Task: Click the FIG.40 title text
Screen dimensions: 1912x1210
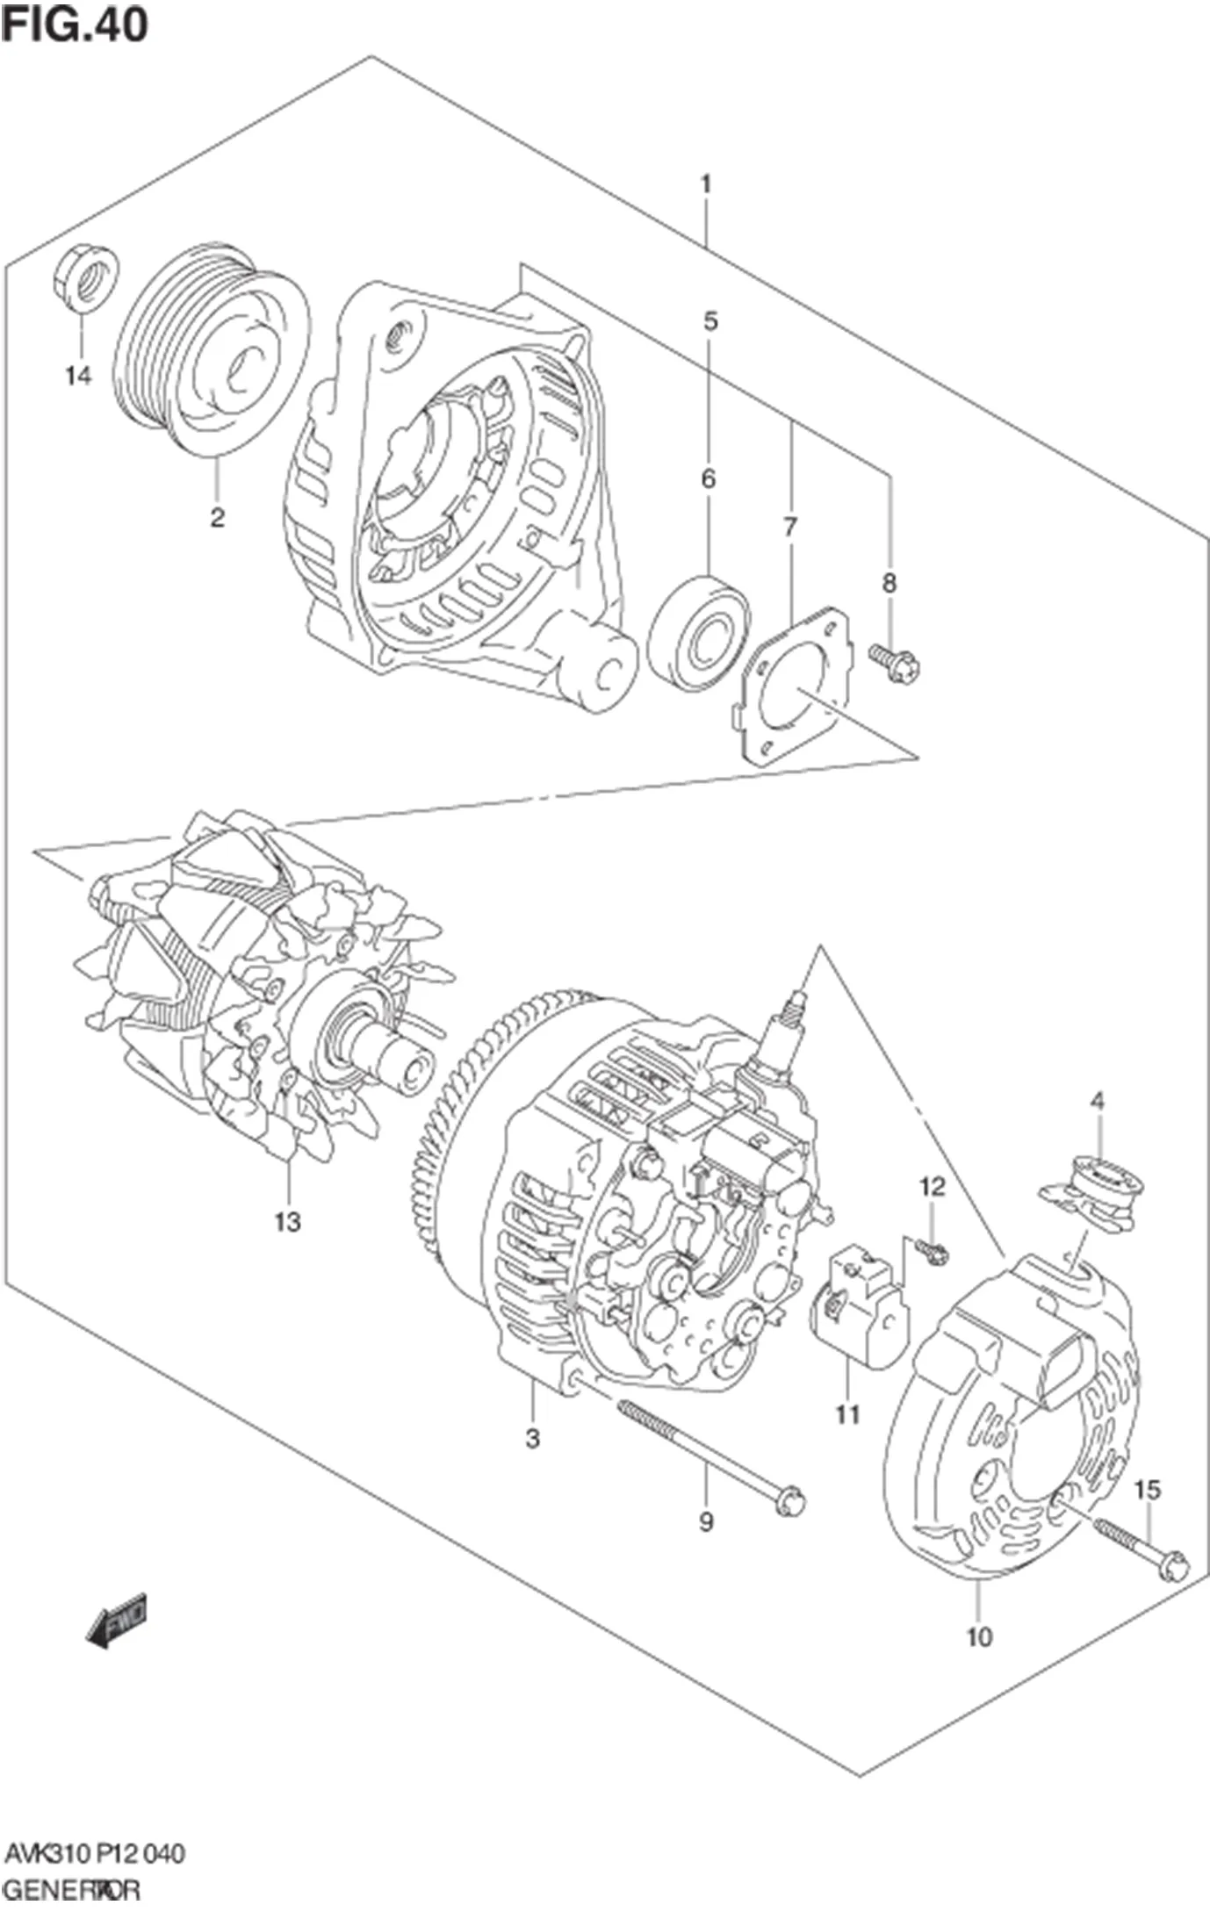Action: point(75,25)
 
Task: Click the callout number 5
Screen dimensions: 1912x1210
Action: point(710,321)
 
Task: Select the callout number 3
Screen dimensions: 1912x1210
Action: point(532,1439)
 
